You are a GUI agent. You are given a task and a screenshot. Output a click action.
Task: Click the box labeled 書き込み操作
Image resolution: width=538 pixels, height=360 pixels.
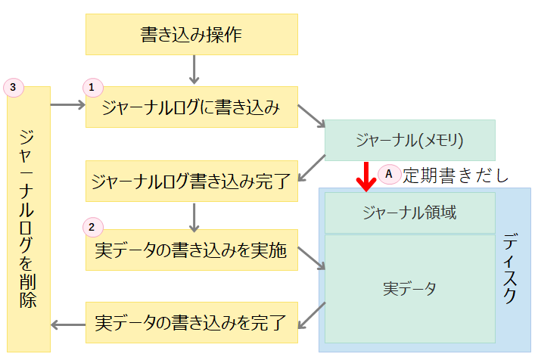pyautogui.click(x=191, y=34)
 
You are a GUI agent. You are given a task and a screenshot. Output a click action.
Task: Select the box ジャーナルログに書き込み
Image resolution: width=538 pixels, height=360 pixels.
pyautogui.click(x=191, y=107)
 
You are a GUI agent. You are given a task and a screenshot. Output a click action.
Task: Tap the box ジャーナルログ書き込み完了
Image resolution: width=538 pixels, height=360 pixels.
pyautogui.click(x=191, y=181)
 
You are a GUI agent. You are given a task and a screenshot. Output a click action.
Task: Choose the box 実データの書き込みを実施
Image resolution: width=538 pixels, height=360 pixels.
pyautogui.click(x=191, y=250)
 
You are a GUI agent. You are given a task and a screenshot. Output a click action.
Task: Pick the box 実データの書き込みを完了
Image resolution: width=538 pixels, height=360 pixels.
pyautogui.click(x=191, y=323)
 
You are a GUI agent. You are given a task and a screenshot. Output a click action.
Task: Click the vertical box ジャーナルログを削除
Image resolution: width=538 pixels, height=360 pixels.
pyautogui.click(x=28, y=219)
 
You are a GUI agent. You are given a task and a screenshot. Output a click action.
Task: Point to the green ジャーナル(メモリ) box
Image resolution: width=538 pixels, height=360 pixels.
pyautogui.click(x=409, y=140)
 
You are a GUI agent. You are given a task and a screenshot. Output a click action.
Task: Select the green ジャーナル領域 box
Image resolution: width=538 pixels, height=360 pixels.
pyautogui.click(x=409, y=213)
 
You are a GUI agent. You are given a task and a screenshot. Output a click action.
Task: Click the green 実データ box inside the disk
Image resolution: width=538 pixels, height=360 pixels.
pyautogui.click(x=409, y=288)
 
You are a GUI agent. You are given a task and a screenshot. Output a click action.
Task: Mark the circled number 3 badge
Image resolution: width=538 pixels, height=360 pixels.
pyautogui.click(x=13, y=87)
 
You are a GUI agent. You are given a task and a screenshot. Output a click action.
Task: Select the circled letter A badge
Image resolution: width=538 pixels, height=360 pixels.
pyautogui.click(x=388, y=173)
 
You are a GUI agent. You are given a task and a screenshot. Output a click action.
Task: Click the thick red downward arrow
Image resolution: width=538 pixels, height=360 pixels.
pyautogui.click(x=367, y=175)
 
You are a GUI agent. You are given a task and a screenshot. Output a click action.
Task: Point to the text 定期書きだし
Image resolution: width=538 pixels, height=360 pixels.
pyautogui.click(x=455, y=175)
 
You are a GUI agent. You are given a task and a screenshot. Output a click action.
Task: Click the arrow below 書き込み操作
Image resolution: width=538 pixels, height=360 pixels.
pyautogui.click(x=193, y=69)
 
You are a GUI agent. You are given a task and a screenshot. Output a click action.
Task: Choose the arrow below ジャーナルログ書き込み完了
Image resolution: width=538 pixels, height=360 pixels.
pyautogui.click(x=193, y=216)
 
